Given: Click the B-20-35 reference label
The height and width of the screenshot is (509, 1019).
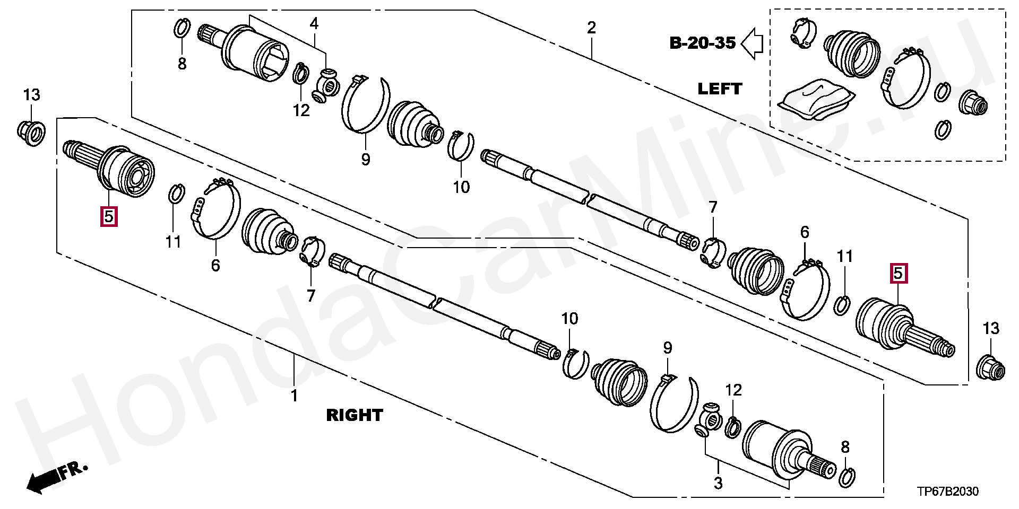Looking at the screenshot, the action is click(702, 42).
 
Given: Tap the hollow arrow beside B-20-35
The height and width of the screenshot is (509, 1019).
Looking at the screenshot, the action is click(752, 43).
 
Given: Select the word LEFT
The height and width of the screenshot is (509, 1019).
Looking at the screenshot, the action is click(720, 89).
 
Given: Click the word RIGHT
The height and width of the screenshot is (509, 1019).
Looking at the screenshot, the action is click(354, 415).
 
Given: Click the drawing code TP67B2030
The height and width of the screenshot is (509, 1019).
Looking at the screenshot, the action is click(948, 492).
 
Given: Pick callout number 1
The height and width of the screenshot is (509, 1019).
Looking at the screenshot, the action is click(294, 396).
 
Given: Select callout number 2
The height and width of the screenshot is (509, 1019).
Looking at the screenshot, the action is click(591, 28).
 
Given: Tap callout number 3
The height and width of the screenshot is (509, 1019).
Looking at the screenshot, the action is click(718, 483).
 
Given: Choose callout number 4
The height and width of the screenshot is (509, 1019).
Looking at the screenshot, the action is click(314, 24).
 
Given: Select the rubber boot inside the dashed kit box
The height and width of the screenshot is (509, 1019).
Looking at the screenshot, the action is click(851, 54).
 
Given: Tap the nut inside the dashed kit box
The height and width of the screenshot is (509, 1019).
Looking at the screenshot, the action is click(973, 102).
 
